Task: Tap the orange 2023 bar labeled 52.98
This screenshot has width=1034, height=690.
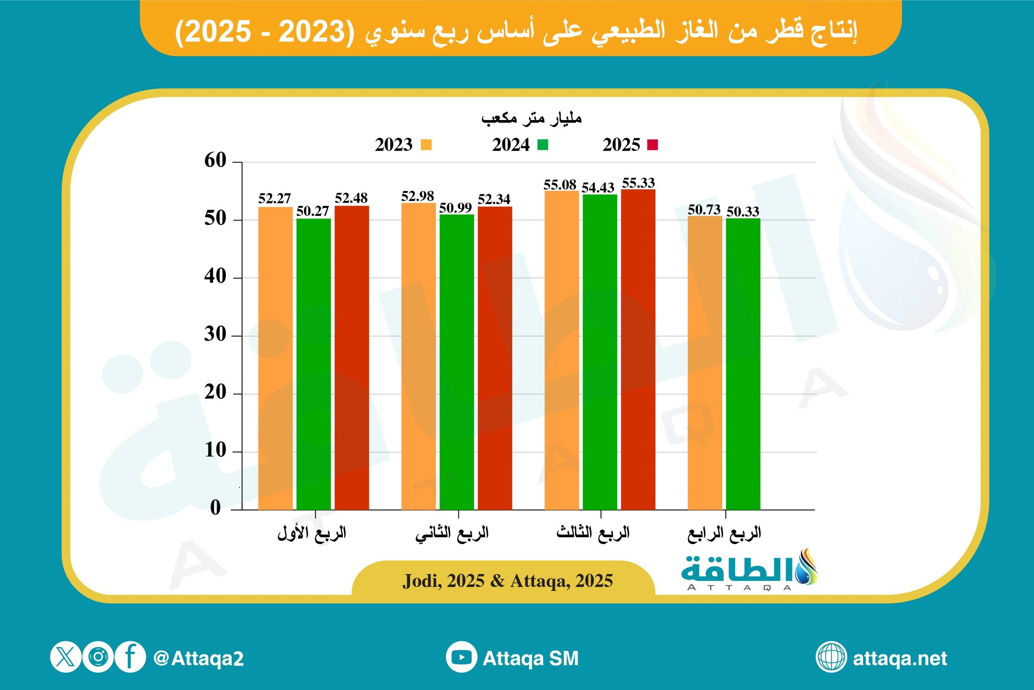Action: [x=418, y=356]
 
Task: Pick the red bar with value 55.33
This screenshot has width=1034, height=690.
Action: [x=638, y=349]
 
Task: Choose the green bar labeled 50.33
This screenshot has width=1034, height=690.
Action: [x=743, y=364]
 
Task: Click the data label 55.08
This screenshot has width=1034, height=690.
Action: [x=560, y=185]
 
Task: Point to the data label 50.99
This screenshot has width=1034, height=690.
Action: [x=456, y=208]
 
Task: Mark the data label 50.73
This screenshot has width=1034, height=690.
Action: [x=704, y=210]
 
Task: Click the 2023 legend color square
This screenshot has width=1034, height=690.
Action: [x=426, y=145]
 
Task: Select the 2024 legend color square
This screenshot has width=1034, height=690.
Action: [x=543, y=145]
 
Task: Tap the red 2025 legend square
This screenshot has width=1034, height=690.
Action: [x=652, y=145]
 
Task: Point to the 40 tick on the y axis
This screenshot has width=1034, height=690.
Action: [x=215, y=277]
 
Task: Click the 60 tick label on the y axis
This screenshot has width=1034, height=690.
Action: [x=215, y=160]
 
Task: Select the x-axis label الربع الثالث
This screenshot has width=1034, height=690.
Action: [x=593, y=533]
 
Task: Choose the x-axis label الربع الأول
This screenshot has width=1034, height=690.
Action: [x=312, y=533]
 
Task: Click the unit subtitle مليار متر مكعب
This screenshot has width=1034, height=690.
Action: [x=531, y=118]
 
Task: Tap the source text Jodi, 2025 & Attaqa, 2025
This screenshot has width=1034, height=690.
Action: [x=508, y=581]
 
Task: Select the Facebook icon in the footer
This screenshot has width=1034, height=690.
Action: [x=130, y=657]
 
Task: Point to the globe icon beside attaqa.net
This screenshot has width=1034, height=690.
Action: [x=831, y=657]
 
